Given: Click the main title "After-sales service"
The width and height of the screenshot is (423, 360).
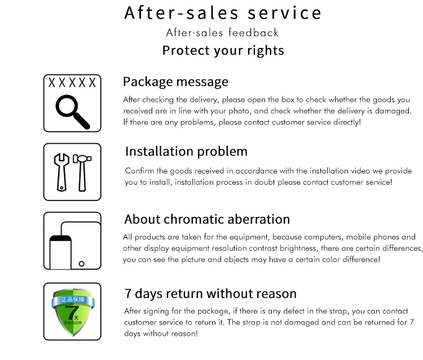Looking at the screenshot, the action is pos(223,13).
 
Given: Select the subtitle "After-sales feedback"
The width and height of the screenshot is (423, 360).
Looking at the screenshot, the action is pos(222,33).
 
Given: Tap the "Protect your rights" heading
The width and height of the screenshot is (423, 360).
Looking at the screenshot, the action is pos(223,51).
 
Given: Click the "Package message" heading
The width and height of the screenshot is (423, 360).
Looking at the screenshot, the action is pos(175,82).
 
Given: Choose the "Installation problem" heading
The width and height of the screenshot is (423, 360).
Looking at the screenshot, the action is pos(186,151).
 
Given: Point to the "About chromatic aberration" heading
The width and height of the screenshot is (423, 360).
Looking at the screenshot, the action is pos(207,219).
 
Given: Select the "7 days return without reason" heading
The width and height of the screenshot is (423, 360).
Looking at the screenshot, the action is pos(210,294).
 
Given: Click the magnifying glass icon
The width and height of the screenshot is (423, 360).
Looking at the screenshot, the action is pos(72,111).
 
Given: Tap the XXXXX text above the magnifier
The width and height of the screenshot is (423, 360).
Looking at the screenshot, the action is pos(72,83).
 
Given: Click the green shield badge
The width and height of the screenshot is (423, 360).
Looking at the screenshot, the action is pos(72,312).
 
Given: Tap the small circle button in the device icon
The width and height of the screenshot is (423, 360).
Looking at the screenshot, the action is pos(82,263).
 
